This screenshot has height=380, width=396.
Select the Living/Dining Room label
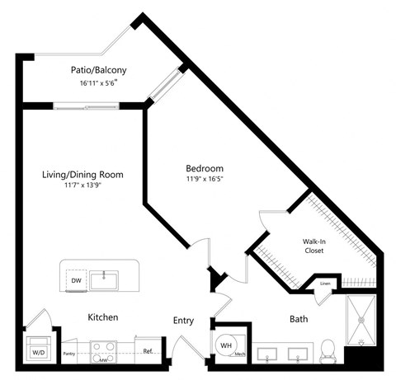pos(83,174)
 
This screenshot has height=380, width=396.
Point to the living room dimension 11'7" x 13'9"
pos(83,185)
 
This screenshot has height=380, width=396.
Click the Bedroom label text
pos(204,169)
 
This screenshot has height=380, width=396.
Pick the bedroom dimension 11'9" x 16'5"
pos(204,180)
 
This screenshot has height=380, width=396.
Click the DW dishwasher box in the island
pos(75,281)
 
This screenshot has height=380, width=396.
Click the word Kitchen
pos(104,317)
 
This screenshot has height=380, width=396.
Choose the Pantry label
pos(70,351)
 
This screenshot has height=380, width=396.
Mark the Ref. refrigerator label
pos(148,350)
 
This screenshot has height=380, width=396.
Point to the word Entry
pos(183,320)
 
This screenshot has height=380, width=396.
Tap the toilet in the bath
pos(327,350)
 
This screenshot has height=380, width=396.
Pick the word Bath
pos(299,319)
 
